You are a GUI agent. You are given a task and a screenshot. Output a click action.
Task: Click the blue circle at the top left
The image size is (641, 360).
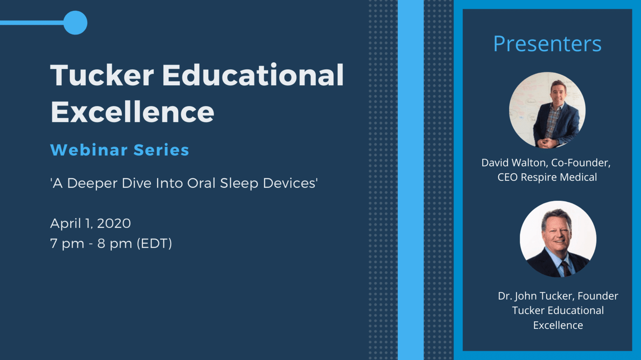[x=75, y=23]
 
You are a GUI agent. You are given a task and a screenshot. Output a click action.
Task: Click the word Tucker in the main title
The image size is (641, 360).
[x=102, y=75]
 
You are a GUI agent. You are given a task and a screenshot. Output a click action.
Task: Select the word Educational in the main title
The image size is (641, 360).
[x=253, y=74]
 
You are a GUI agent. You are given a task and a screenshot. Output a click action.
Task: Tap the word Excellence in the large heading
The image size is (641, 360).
[x=132, y=112]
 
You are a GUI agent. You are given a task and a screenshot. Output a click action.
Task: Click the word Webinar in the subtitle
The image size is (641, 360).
[x=89, y=150]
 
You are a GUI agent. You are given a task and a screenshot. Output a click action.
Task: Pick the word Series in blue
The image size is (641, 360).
[x=161, y=150]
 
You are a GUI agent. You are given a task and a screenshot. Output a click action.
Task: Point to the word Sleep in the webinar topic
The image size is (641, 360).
[x=239, y=184]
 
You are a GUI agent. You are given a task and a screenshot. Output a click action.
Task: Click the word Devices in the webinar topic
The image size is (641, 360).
[x=290, y=183]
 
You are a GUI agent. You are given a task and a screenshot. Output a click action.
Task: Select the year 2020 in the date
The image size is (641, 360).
[x=114, y=223]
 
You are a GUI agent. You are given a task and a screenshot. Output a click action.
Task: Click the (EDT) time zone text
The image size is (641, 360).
[x=154, y=244]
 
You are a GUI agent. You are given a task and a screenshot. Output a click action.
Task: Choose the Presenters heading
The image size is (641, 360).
[x=547, y=44]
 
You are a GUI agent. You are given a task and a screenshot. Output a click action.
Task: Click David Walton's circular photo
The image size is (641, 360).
[x=547, y=110]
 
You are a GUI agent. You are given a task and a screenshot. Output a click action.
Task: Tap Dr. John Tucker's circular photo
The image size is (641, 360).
[x=558, y=239]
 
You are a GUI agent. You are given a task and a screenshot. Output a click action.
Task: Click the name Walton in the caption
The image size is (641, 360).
[x=530, y=163]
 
